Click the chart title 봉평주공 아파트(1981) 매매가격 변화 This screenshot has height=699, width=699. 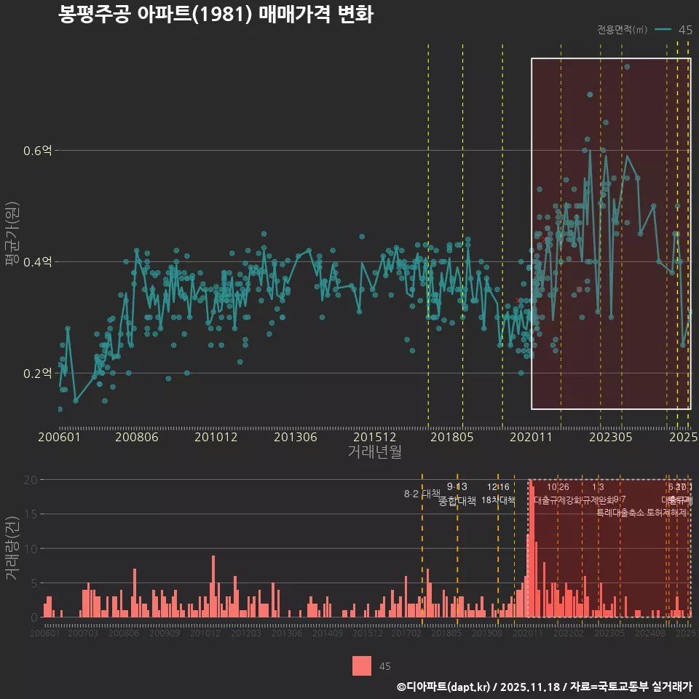(x=216, y=15)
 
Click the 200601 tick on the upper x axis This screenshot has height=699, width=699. (x=60, y=438)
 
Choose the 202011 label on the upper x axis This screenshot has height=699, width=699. (x=531, y=438)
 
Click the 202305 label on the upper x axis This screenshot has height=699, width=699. (x=610, y=438)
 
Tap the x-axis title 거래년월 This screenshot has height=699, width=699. (x=374, y=452)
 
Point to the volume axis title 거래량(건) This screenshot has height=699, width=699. (x=12, y=548)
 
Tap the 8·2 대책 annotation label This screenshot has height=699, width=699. (x=422, y=494)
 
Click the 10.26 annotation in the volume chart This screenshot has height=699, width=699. (x=558, y=487)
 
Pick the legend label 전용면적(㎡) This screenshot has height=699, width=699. (x=622, y=30)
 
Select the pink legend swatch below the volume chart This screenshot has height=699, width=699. (x=362, y=666)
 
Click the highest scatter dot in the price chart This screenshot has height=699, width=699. (x=627, y=67)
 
